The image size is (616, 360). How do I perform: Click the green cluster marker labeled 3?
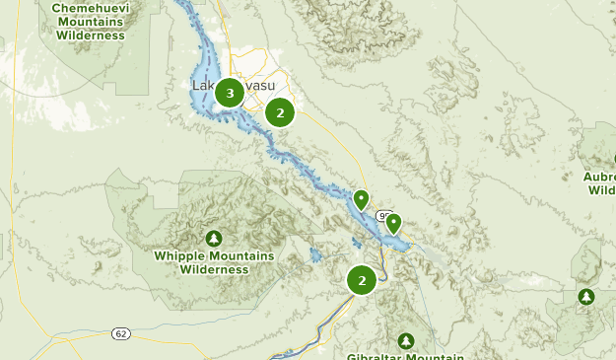[230, 94]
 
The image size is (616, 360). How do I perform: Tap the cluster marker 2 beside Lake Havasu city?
[280, 112]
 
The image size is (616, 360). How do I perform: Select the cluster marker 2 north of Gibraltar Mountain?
[362, 281]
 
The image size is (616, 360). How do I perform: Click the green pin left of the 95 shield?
[362, 200]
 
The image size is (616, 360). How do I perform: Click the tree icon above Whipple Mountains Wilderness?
[214, 239]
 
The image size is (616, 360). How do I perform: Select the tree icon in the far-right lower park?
[586, 296]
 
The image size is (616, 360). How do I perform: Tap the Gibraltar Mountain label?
[406, 355]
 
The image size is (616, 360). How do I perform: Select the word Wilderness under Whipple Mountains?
[214, 268]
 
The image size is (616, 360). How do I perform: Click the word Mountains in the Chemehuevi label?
[89, 21]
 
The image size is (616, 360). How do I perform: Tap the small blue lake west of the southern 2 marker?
[315, 254]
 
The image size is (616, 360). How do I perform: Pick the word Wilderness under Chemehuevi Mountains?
[89, 35]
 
